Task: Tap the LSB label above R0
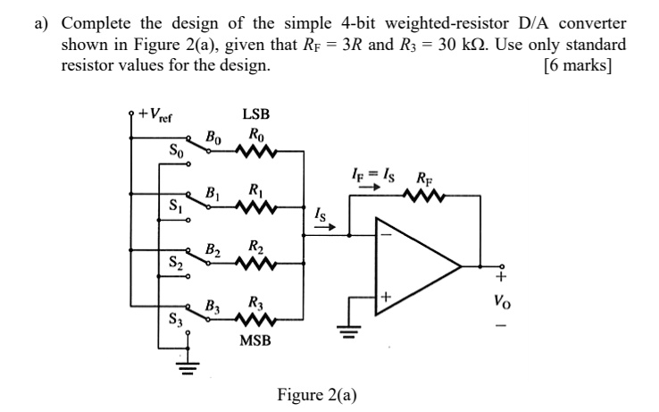pyautogui.click(x=254, y=115)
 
